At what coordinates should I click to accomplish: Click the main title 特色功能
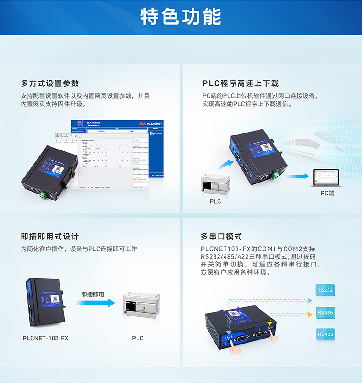pos(181,17)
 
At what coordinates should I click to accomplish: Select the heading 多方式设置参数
pos(50,83)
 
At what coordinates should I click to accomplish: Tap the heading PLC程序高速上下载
pos(240,83)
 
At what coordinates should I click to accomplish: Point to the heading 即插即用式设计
pos(50,237)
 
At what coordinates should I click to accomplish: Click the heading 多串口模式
pos(221,237)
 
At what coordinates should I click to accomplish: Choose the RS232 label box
pos(325,290)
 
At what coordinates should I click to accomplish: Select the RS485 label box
pos(325,313)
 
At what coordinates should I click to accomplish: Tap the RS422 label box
pos(325,334)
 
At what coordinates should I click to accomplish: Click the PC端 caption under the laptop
pos(327,194)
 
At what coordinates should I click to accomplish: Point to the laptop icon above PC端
pos(325,177)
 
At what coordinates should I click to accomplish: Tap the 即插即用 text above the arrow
pos(93,294)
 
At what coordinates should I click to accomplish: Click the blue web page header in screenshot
pos(117,124)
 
